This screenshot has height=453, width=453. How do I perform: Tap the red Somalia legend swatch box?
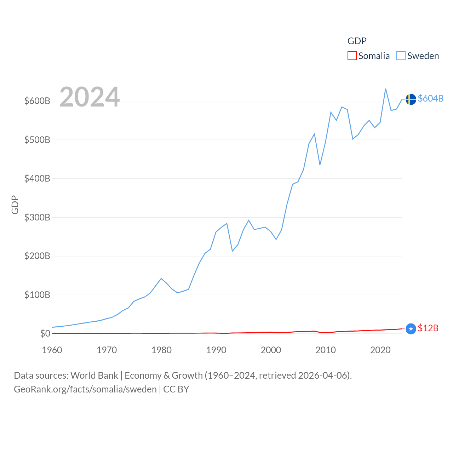point(352,56)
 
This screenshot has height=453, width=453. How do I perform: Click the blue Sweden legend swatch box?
point(401,56)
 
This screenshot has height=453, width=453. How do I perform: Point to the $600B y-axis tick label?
point(37,101)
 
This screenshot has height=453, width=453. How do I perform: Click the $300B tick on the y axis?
point(37,217)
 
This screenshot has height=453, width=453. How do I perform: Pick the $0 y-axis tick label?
point(45,333)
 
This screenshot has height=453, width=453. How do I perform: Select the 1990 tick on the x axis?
point(216,350)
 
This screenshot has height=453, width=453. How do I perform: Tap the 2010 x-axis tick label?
point(325,350)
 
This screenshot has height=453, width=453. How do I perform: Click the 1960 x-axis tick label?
point(52,350)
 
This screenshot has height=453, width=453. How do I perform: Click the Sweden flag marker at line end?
point(411,99)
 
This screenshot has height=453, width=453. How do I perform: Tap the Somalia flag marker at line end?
point(411,329)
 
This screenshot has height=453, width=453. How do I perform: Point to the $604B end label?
point(430,98)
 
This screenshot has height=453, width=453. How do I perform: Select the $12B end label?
point(428,328)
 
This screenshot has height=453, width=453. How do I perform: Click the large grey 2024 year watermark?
point(90,97)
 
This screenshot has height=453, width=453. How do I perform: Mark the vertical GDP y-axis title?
point(15,205)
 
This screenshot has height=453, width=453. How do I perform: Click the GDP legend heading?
point(357,41)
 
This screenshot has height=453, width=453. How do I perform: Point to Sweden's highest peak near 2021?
point(385,89)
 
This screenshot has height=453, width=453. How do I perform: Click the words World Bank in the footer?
point(94,375)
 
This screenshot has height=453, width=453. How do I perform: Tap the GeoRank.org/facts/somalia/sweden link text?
point(85,389)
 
